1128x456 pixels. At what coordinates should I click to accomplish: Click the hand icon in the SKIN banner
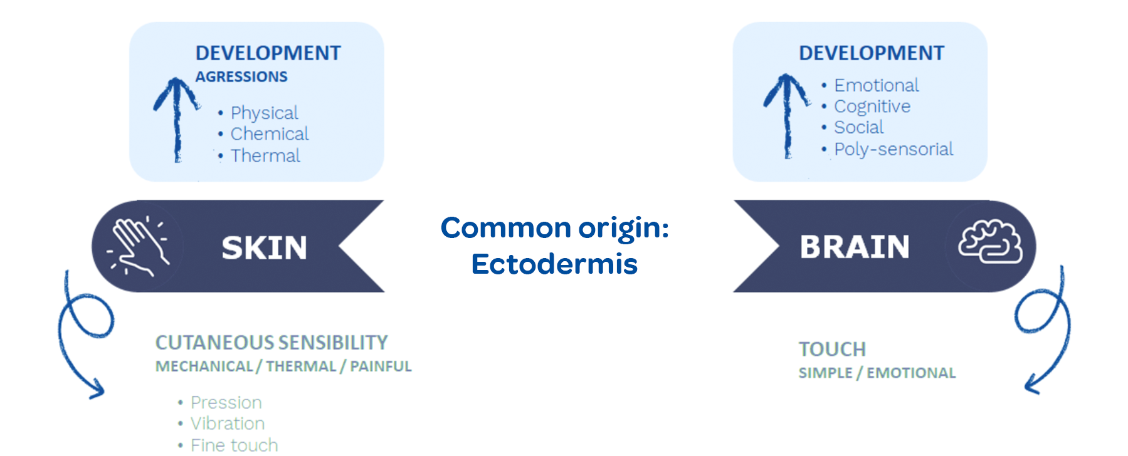[x=139, y=246]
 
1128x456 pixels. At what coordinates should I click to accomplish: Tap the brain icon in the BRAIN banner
[x=990, y=242]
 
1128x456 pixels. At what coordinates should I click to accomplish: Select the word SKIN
[x=265, y=248]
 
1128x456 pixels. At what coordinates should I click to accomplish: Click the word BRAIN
[x=855, y=247]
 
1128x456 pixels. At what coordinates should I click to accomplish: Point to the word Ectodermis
[x=554, y=264]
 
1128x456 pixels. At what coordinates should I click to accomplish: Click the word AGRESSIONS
[x=241, y=76]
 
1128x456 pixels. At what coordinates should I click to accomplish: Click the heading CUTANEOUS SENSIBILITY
[x=271, y=343]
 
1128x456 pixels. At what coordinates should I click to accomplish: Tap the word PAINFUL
[x=381, y=366]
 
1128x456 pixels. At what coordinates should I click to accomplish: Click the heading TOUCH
[x=832, y=349]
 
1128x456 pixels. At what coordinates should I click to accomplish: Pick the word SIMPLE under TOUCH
[x=825, y=373]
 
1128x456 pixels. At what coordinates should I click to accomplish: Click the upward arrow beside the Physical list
[x=176, y=119]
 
